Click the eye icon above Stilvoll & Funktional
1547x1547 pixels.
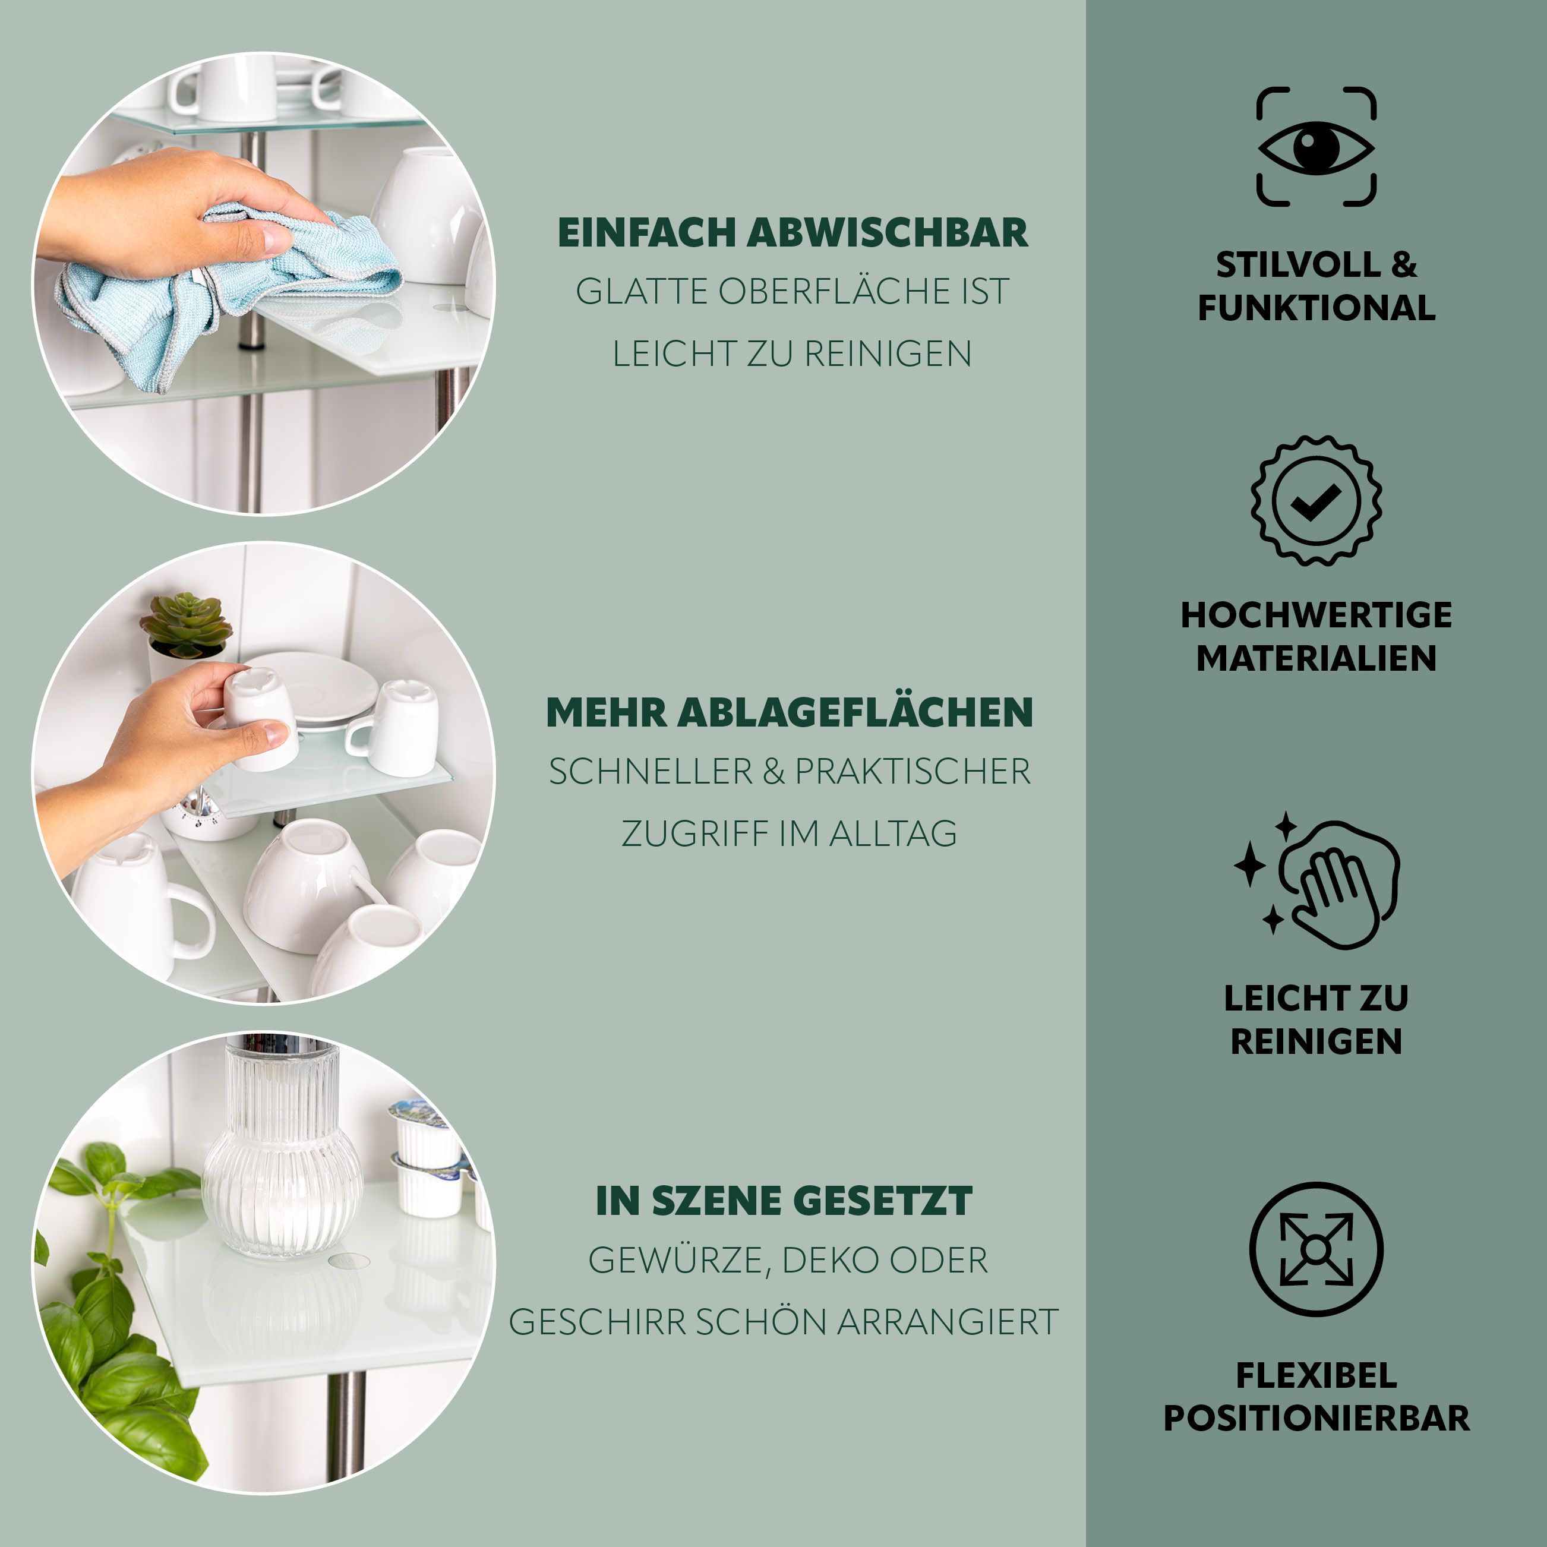(1315, 147)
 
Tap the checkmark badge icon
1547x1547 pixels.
(1315, 500)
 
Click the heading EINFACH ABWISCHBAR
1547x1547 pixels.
(793, 233)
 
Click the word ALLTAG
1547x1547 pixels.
(893, 834)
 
